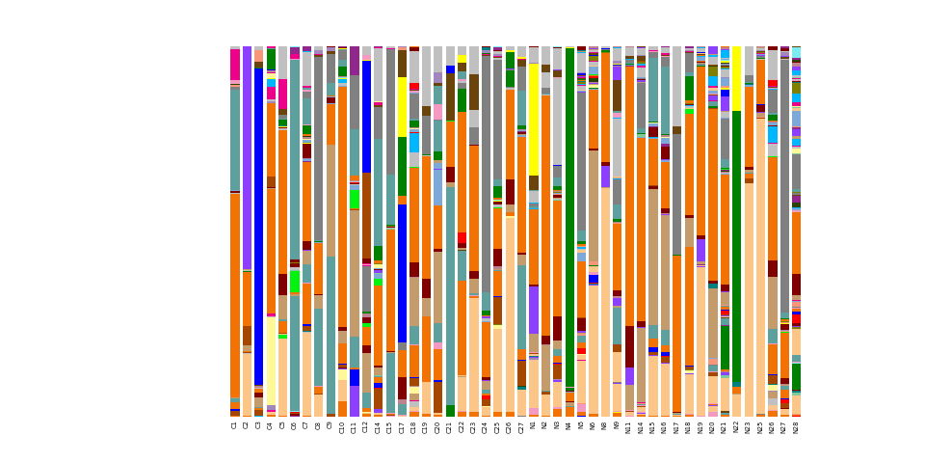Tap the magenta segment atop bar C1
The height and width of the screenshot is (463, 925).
coord(235,65)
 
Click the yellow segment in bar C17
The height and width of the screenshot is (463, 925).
coord(402,106)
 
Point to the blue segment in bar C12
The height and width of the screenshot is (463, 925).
coord(366,117)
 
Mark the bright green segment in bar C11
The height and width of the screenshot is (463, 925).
coord(355,199)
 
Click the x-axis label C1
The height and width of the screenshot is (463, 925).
coord(235,425)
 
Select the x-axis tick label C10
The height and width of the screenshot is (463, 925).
coord(342,427)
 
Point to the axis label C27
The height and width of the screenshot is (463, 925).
coord(521,427)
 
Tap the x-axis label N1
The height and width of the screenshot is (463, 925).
coord(533,425)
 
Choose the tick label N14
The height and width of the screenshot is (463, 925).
coord(641,427)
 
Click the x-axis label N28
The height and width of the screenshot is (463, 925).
coord(796,427)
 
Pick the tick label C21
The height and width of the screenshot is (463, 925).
coord(450,427)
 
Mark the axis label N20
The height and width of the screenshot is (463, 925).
coord(712,427)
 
